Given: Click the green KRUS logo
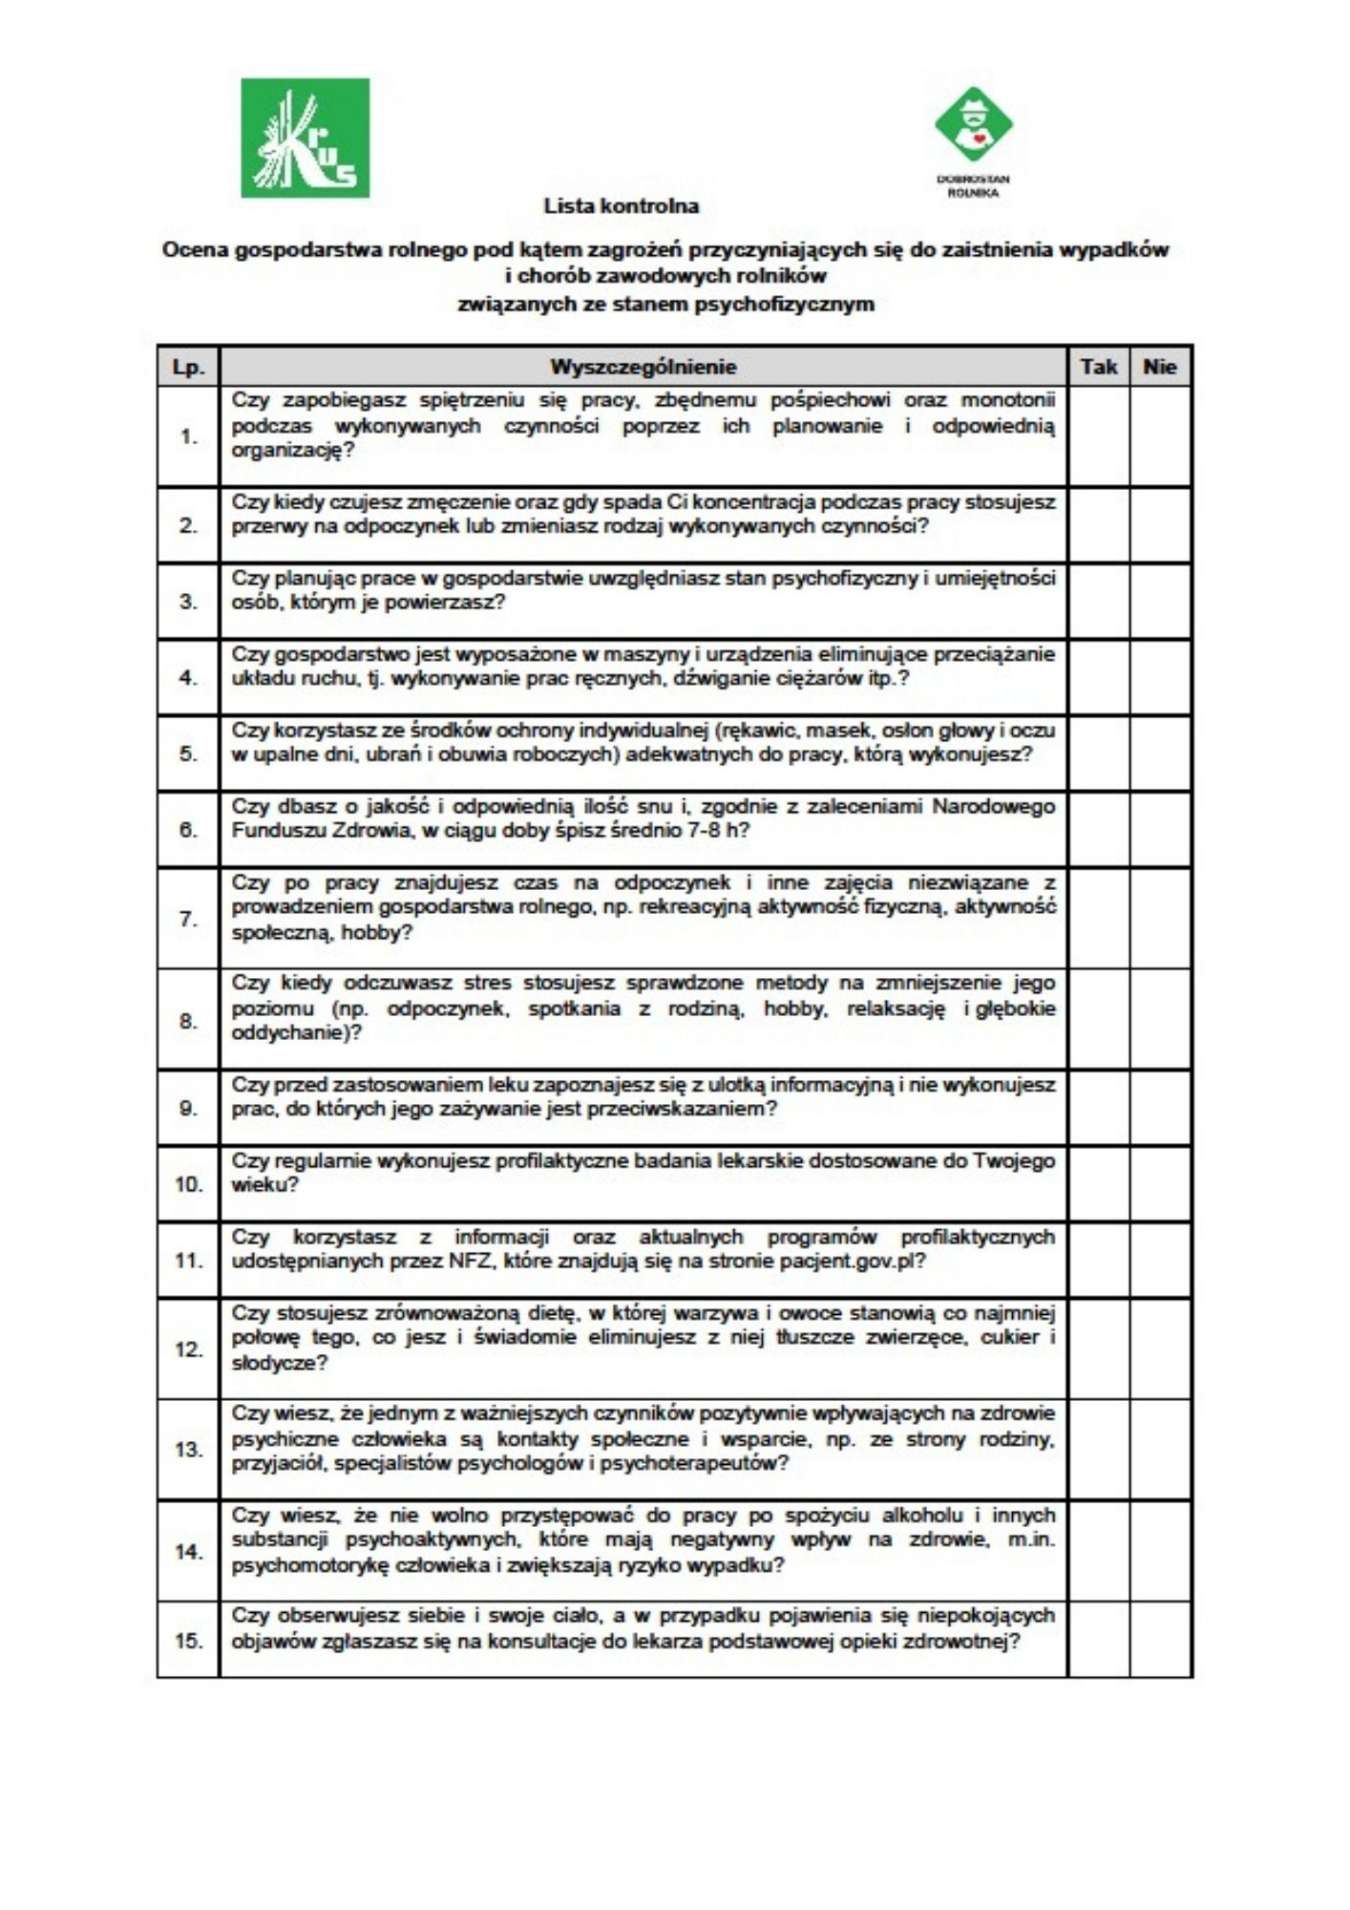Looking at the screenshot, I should coord(305,138).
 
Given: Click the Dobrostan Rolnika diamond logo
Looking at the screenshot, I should coord(973,125).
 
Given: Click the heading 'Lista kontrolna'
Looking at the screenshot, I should coord(622,205).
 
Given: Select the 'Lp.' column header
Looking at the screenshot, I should coord(188,367).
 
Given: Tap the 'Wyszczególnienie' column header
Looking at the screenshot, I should coord(643,367).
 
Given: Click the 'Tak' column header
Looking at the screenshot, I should coord(1098,367).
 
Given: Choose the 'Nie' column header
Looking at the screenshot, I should coord(1160,367).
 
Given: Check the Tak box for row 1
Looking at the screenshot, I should coord(1098,436).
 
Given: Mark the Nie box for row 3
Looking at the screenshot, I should coord(1160,602).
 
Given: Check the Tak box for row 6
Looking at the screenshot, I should coord(1098,830).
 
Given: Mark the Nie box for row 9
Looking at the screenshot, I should coord(1160,1108).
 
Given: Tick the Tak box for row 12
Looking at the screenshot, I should coord(1098,1349).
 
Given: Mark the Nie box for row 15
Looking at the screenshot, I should coord(1160,1641).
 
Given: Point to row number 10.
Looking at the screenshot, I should coord(189,1184).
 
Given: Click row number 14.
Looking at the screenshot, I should coord(189,1552).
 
